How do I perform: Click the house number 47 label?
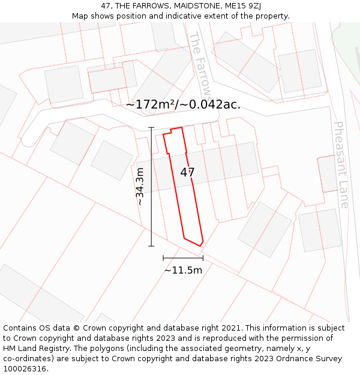click(x=188, y=173)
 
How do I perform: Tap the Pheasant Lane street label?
click(x=341, y=164)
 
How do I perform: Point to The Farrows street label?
click(x=200, y=66)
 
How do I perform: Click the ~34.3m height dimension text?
click(x=140, y=187)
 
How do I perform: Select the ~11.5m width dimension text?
click(x=183, y=270)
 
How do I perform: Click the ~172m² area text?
click(x=149, y=104)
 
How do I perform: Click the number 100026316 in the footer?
click(x=26, y=369)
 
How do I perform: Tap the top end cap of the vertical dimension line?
click(x=151, y=128)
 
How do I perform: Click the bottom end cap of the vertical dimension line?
click(x=151, y=245)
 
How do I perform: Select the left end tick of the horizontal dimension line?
click(x=163, y=258)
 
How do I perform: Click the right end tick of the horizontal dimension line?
click(x=203, y=258)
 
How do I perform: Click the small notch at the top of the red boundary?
click(x=176, y=129)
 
